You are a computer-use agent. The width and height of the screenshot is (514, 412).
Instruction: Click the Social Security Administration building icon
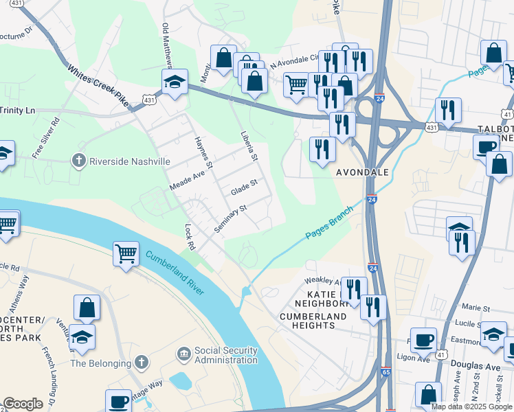pos(184,355)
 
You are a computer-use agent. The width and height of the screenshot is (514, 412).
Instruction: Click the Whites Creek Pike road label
pos(99,85)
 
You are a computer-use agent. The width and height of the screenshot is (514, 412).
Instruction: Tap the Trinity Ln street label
pos(17,110)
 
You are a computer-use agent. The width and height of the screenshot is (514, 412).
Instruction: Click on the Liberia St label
pos(248,146)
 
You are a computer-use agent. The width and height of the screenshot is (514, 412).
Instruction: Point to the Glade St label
pos(243,186)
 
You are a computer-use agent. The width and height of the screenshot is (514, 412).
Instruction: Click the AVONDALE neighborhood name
pos(362,172)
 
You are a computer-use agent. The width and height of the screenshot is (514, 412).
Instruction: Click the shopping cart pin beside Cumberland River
pos(126,253)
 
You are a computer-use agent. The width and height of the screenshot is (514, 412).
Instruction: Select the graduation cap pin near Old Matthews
pos(175,82)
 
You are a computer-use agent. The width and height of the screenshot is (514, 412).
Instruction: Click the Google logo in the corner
pos(23,404)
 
